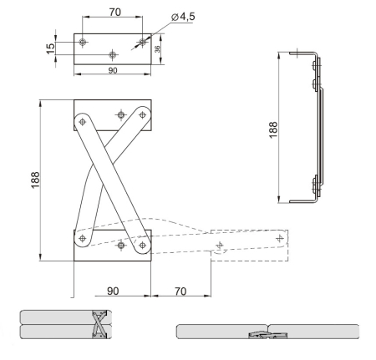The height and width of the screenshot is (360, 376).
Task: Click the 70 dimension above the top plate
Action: [114, 13]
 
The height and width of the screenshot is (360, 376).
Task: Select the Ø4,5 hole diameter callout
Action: [183, 17]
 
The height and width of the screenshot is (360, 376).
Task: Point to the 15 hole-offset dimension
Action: [51, 48]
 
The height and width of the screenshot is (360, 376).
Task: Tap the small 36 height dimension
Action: [157, 49]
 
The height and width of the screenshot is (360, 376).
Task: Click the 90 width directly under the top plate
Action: [113, 70]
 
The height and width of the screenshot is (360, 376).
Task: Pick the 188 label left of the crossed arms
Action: [35, 180]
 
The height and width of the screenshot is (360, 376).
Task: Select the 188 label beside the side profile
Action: [273, 129]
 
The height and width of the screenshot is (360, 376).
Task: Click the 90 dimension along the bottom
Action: [113, 291]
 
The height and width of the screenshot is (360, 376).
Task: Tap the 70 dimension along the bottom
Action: [180, 292]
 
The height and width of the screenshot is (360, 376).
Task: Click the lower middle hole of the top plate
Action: [113, 54]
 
